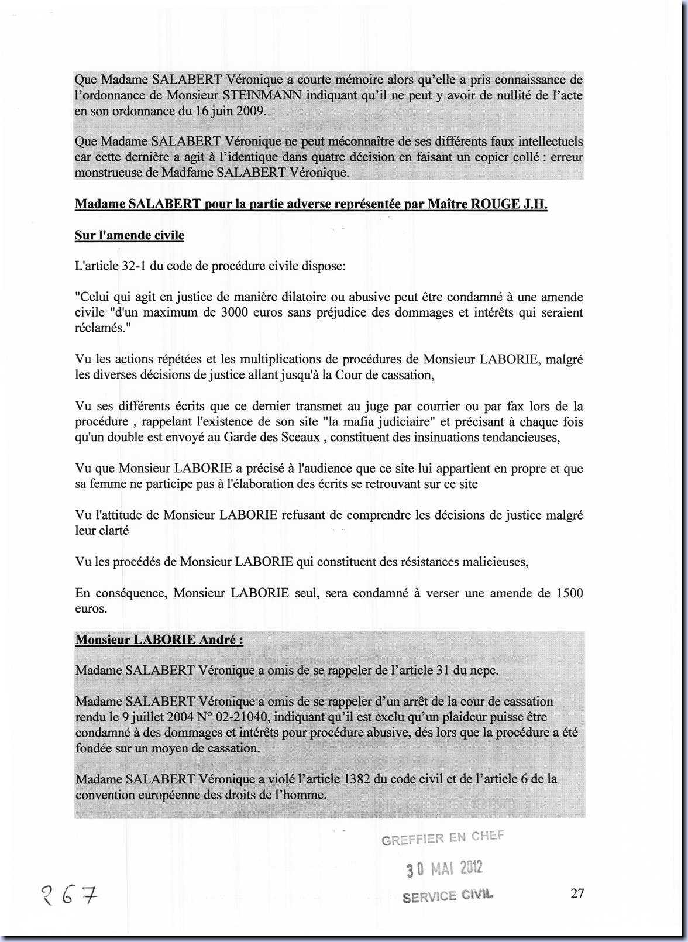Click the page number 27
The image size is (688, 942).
[x=577, y=893]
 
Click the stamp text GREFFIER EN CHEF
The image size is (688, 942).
[x=442, y=838]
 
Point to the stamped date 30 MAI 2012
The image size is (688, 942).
[x=445, y=868]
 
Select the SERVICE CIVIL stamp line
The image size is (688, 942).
[x=448, y=895]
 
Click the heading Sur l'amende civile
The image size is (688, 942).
[x=129, y=236]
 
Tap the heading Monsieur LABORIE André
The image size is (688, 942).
[x=159, y=640]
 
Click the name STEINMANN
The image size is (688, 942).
[x=262, y=95]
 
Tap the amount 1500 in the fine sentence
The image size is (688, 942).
[x=569, y=593]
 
